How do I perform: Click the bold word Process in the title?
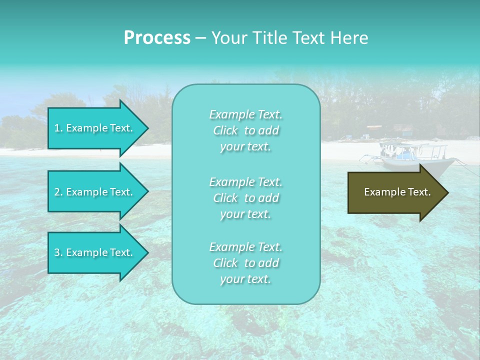click(156, 38)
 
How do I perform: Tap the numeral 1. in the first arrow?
click(58, 128)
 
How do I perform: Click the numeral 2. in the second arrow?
click(58, 192)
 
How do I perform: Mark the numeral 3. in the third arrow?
click(58, 253)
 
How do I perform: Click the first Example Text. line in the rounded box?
click(245, 115)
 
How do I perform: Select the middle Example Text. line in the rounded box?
click(245, 182)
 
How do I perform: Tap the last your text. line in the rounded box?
click(245, 279)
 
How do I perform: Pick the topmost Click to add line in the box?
click(245, 131)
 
